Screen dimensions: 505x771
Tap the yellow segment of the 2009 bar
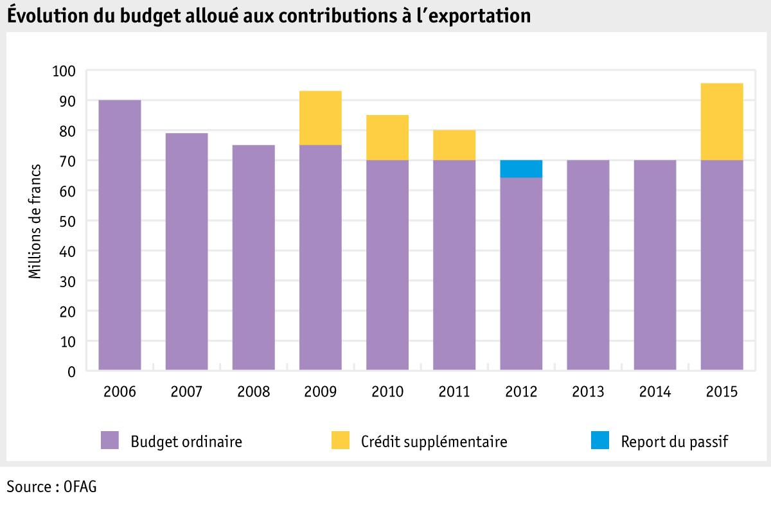(321, 118)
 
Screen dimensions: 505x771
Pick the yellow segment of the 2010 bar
(387, 137)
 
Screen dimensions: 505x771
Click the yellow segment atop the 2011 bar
(454, 145)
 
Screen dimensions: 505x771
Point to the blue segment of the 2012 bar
(521, 169)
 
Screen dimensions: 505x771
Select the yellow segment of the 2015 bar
(722, 122)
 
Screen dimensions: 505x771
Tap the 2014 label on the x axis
(655, 392)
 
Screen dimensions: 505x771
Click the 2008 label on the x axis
(253, 392)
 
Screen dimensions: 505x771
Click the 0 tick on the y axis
(71, 371)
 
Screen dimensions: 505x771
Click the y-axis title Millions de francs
(35, 221)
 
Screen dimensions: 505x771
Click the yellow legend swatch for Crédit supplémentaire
(341, 441)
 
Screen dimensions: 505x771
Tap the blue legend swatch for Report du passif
(599, 441)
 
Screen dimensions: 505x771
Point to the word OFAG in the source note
(80, 486)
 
